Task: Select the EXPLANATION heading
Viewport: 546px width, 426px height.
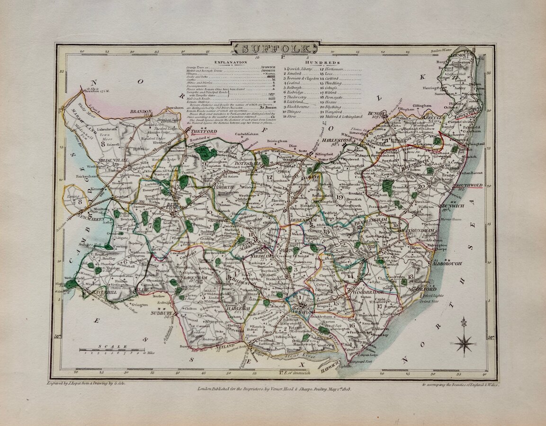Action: tap(230, 62)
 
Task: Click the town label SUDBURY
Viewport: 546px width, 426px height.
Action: tap(158, 313)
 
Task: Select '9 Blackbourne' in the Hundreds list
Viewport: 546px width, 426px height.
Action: tap(298, 106)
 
